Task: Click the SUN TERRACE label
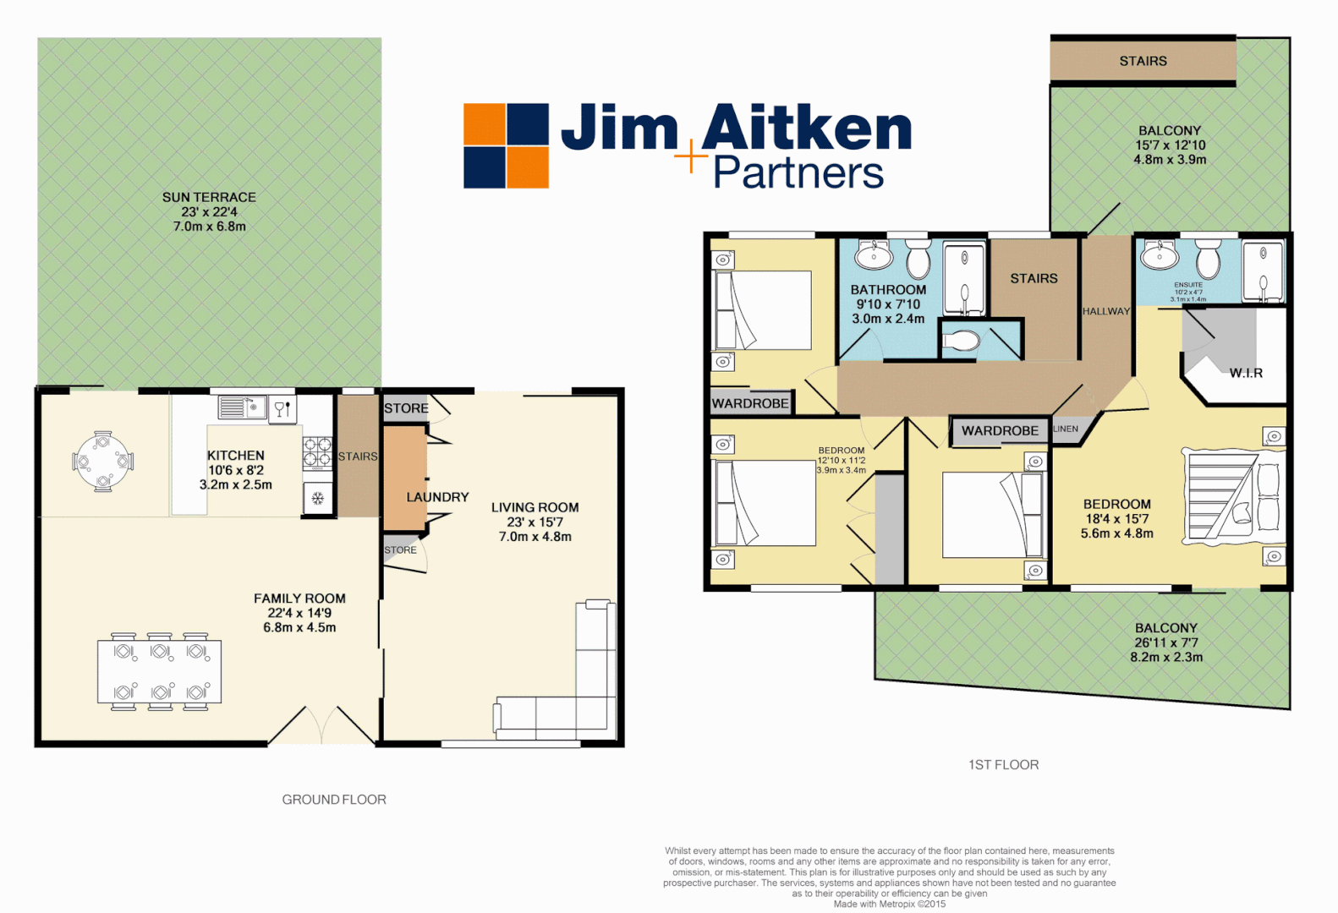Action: pos(209,197)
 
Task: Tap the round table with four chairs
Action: pos(102,462)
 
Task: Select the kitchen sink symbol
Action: pos(243,407)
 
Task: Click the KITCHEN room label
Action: pos(236,456)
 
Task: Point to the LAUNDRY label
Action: pos(437,497)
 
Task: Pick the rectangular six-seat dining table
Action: pos(160,672)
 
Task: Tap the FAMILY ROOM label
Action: pos(299,599)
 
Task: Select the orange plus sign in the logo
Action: pos(691,156)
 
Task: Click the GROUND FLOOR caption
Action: pos(334,800)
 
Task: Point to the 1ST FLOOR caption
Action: pos(1003,765)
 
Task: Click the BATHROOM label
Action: pos(888,290)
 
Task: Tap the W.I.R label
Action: pos(1246,373)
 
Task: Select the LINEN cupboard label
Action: pos(1066,429)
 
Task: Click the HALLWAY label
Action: pos(1105,311)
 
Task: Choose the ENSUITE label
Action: pos(1187,285)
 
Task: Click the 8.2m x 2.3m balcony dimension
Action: pos(1166,657)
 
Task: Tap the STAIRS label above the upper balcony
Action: pos(1143,61)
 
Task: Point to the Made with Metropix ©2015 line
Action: pos(889,904)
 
